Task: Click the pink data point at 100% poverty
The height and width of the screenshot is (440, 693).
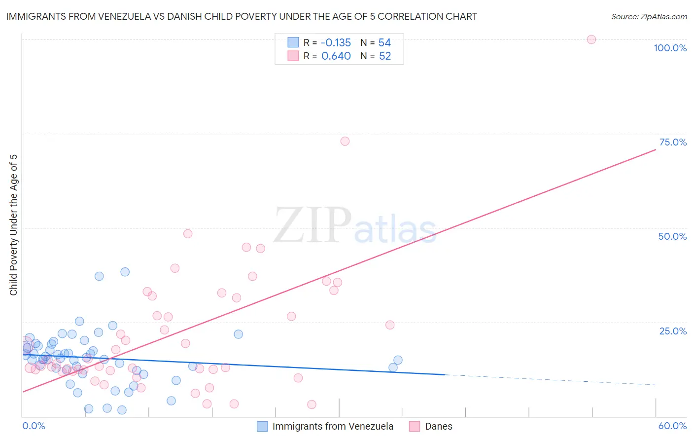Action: click(x=591, y=39)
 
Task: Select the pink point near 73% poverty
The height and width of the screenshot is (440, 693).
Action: click(x=345, y=142)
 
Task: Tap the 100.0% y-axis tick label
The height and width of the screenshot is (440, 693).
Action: click(x=670, y=48)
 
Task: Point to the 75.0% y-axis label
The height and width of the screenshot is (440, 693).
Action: click(x=673, y=142)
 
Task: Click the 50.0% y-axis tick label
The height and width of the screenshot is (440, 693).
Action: click(x=672, y=236)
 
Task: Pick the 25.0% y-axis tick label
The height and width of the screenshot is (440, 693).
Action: click(x=673, y=331)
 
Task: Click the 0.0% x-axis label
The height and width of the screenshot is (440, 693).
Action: click(x=34, y=426)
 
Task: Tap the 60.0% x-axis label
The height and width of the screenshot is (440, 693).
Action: click(x=672, y=426)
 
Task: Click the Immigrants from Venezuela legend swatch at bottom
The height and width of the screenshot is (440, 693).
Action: click(x=263, y=426)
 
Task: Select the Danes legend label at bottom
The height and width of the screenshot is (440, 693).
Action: click(x=439, y=426)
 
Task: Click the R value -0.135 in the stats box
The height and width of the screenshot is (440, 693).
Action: click(x=336, y=42)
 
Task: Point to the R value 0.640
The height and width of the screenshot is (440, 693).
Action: click(x=336, y=56)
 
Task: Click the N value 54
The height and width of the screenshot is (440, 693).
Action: click(x=384, y=42)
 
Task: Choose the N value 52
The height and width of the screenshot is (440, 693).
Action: click(x=385, y=56)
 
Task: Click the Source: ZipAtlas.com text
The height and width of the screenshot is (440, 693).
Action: click(x=649, y=16)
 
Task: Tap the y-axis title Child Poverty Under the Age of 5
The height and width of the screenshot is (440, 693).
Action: click(x=14, y=225)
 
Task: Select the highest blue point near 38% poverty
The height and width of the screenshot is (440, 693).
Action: click(x=125, y=272)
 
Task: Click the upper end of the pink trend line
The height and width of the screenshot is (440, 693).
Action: click(x=655, y=149)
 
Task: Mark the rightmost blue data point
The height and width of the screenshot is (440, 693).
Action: click(x=398, y=360)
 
